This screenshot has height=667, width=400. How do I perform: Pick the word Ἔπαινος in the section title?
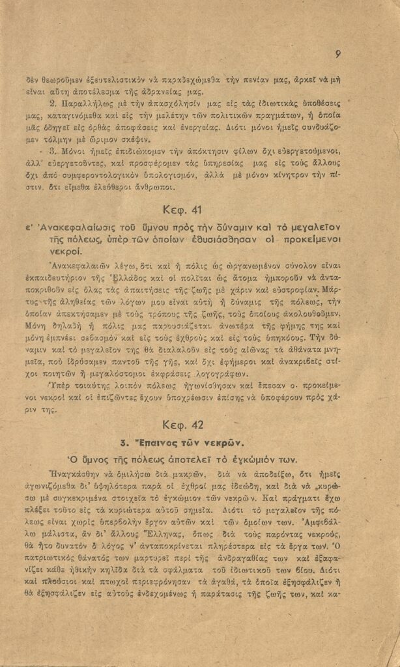159,442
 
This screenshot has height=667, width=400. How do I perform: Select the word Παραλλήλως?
85,104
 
